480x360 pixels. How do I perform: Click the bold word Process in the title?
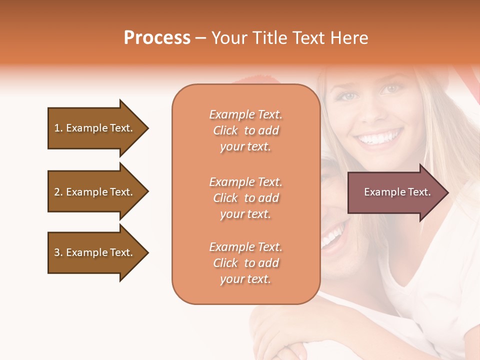pyautogui.click(x=157, y=38)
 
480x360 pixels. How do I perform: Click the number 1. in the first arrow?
pyautogui.click(x=58, y=128)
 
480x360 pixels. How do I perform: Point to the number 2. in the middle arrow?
pyautogui.click(x=58, y=192)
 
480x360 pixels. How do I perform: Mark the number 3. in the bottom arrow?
pyautogui.click(x=58, y=252)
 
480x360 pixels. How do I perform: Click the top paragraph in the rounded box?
pyautogui.click(x=245, y=130)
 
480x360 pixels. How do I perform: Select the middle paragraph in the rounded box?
pyautogui.click(x=245, y=198)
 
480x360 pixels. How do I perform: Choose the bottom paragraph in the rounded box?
pyautogui.click(x=245, y=263)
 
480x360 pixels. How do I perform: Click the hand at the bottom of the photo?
pyautogui.click(x=280, y=340)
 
